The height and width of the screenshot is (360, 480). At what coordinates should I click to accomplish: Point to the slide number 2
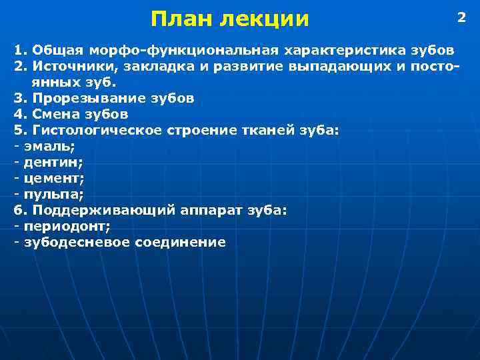[x=461, y=17]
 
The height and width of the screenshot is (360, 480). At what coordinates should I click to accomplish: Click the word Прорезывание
[x=81, y=99]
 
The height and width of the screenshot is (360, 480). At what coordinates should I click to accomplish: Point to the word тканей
[x=279, y=131]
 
